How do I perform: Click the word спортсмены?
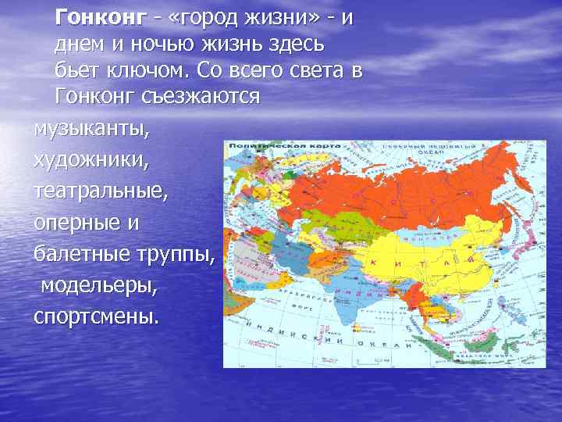95,316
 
